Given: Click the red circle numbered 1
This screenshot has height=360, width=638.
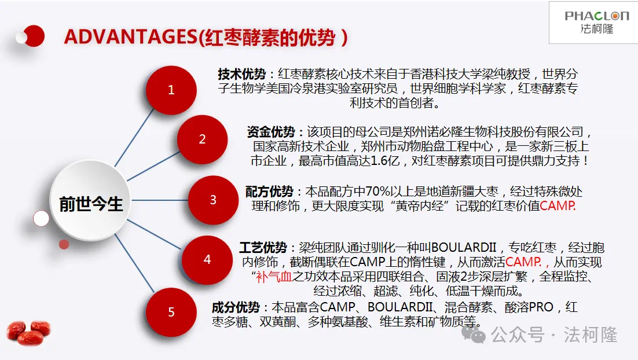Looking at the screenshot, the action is (x=171, y=90).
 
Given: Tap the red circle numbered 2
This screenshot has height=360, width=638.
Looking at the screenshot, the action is (x=202, y=139).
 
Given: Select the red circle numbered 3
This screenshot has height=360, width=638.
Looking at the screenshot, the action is (x=213, y=200).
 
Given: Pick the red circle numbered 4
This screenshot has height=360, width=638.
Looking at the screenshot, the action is (x=207, y=259).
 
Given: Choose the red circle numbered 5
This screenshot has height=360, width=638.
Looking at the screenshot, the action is (x=171, y=312).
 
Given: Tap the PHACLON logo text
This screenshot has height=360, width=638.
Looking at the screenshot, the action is (x=596, y=16).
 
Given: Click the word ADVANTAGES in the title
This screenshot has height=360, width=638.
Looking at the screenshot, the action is (x=131, y=37).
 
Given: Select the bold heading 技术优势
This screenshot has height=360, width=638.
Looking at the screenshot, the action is (x=241, y=74).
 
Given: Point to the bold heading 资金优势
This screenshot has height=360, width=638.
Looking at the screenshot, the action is (x=270, y=132).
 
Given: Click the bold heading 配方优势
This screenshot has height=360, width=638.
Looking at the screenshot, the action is (x=269, y=192).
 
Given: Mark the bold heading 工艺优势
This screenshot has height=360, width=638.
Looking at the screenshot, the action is (x=263, y=247).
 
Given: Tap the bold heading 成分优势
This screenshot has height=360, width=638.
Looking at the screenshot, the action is (x=236, y=307).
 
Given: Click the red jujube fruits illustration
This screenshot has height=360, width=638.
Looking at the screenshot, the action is (x=28, y=332).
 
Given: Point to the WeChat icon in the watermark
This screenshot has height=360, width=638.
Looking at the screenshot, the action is (x=473, y=335).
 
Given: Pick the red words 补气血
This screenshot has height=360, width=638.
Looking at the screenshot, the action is (x=274, y=277).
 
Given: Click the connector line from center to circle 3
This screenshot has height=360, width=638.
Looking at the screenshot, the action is (x=160, y=200).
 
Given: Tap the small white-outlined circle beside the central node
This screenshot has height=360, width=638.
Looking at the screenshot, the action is (x=41, y=218).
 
